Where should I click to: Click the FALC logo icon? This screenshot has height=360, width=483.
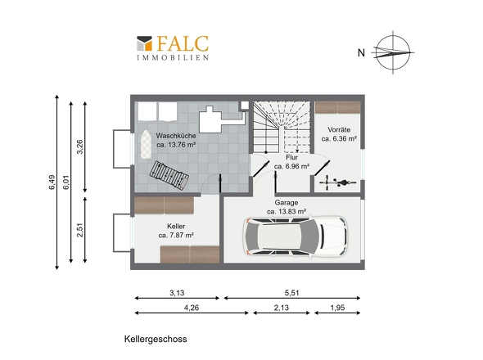point(144,43)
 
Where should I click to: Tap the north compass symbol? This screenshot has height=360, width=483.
point(393,52)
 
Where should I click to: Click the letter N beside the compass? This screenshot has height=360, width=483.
point(361,53)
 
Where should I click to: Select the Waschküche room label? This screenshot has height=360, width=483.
point(176,136)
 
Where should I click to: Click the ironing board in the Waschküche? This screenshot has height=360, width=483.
point(146,144)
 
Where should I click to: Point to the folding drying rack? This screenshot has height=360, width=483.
point(169,176)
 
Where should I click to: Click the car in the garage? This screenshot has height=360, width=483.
point(295,236)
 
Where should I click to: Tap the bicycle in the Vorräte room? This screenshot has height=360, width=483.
point(338,182)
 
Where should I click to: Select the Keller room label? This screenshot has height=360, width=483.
point(176,227)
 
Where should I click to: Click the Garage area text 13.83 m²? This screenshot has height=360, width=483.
point(287,212)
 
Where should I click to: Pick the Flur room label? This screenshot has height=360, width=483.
point(291,157)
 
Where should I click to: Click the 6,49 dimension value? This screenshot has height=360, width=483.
point(52,182)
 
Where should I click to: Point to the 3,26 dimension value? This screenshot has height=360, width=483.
point(79,147)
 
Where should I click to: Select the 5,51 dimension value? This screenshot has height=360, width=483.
point(291,293)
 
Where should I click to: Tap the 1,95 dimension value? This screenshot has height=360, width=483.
point(337,308)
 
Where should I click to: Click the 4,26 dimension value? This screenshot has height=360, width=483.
point(192,308)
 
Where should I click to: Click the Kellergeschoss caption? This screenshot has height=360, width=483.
point(156,339)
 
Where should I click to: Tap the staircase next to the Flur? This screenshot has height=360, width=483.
point(282,127)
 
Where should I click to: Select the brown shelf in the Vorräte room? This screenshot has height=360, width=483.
point(338,108)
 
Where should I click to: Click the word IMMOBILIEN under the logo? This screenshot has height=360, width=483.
point(173,57)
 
